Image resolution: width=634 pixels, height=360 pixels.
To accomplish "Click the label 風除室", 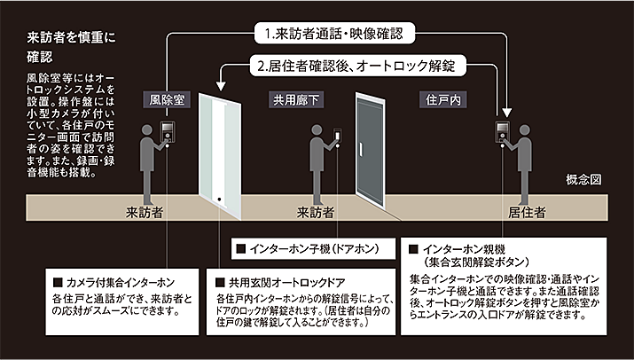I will [x=167, y=101].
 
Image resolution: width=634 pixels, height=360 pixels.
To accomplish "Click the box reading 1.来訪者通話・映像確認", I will [x=334, y=35].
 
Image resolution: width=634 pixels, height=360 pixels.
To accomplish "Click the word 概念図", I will [x=584, y=180].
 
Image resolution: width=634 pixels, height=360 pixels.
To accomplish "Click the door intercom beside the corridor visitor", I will [x=337, y=134].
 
